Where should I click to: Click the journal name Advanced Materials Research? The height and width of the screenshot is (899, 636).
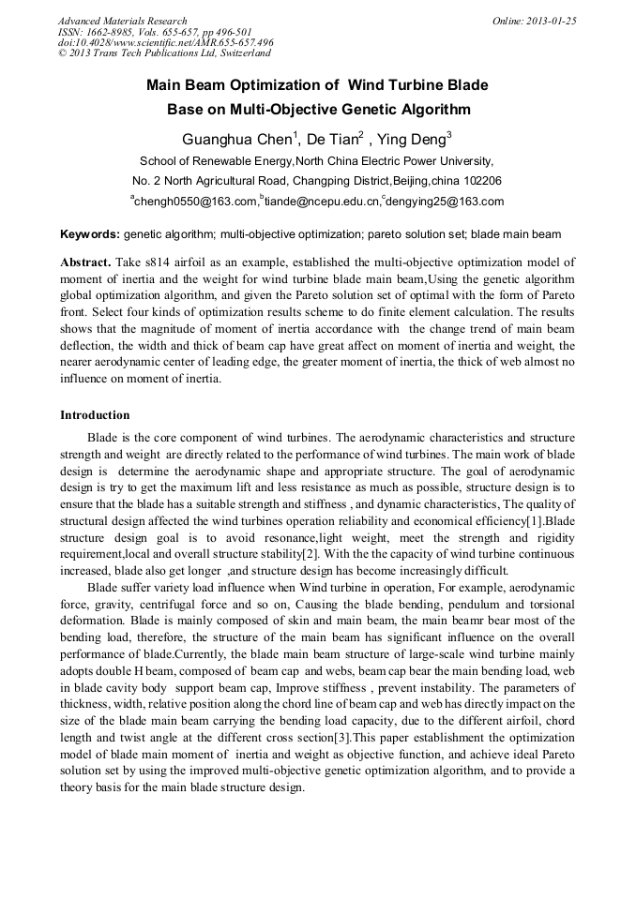coord(122,21)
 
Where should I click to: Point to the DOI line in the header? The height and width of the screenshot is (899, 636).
coord(165,43)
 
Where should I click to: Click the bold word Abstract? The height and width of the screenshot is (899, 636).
coord(85,262)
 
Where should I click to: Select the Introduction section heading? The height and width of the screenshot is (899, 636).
coord(95,414)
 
